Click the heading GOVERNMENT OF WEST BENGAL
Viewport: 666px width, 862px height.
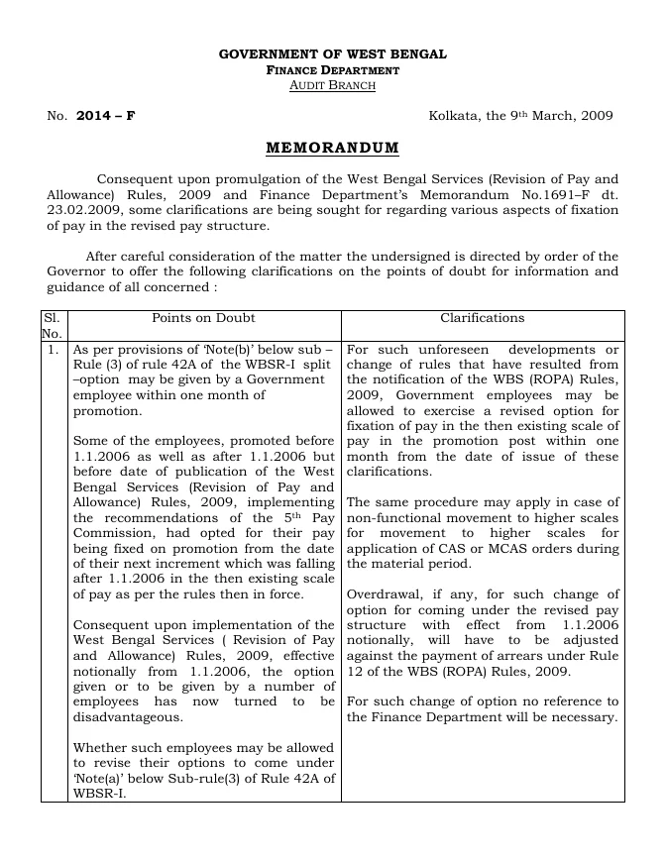coord(332,54)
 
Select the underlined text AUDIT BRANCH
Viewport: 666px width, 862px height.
coord(332,86)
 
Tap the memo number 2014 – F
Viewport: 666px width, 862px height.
coord(105,116)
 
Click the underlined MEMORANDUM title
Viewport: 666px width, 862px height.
coord(332,149)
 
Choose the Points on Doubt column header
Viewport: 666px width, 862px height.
coord(203,318)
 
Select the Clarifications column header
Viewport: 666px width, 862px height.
coord(482,318)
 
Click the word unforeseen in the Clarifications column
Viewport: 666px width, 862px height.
coord(448,350)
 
